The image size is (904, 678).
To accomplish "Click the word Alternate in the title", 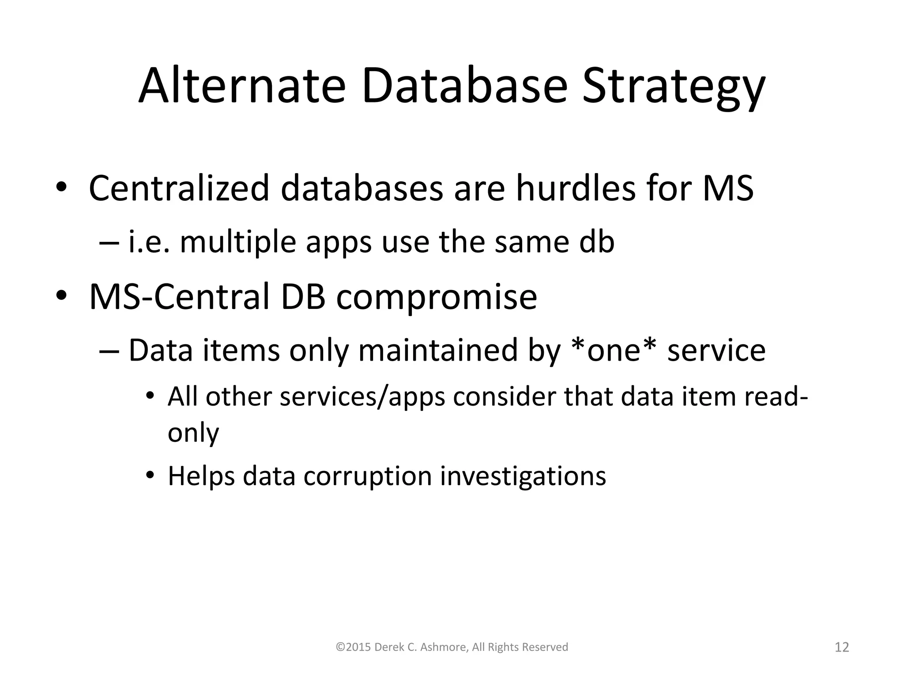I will click(241, 86).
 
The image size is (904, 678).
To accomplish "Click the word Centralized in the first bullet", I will click(179, 188).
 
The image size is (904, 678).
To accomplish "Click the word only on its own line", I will click(193, 433).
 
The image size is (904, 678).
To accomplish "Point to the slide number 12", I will click(842, 647).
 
